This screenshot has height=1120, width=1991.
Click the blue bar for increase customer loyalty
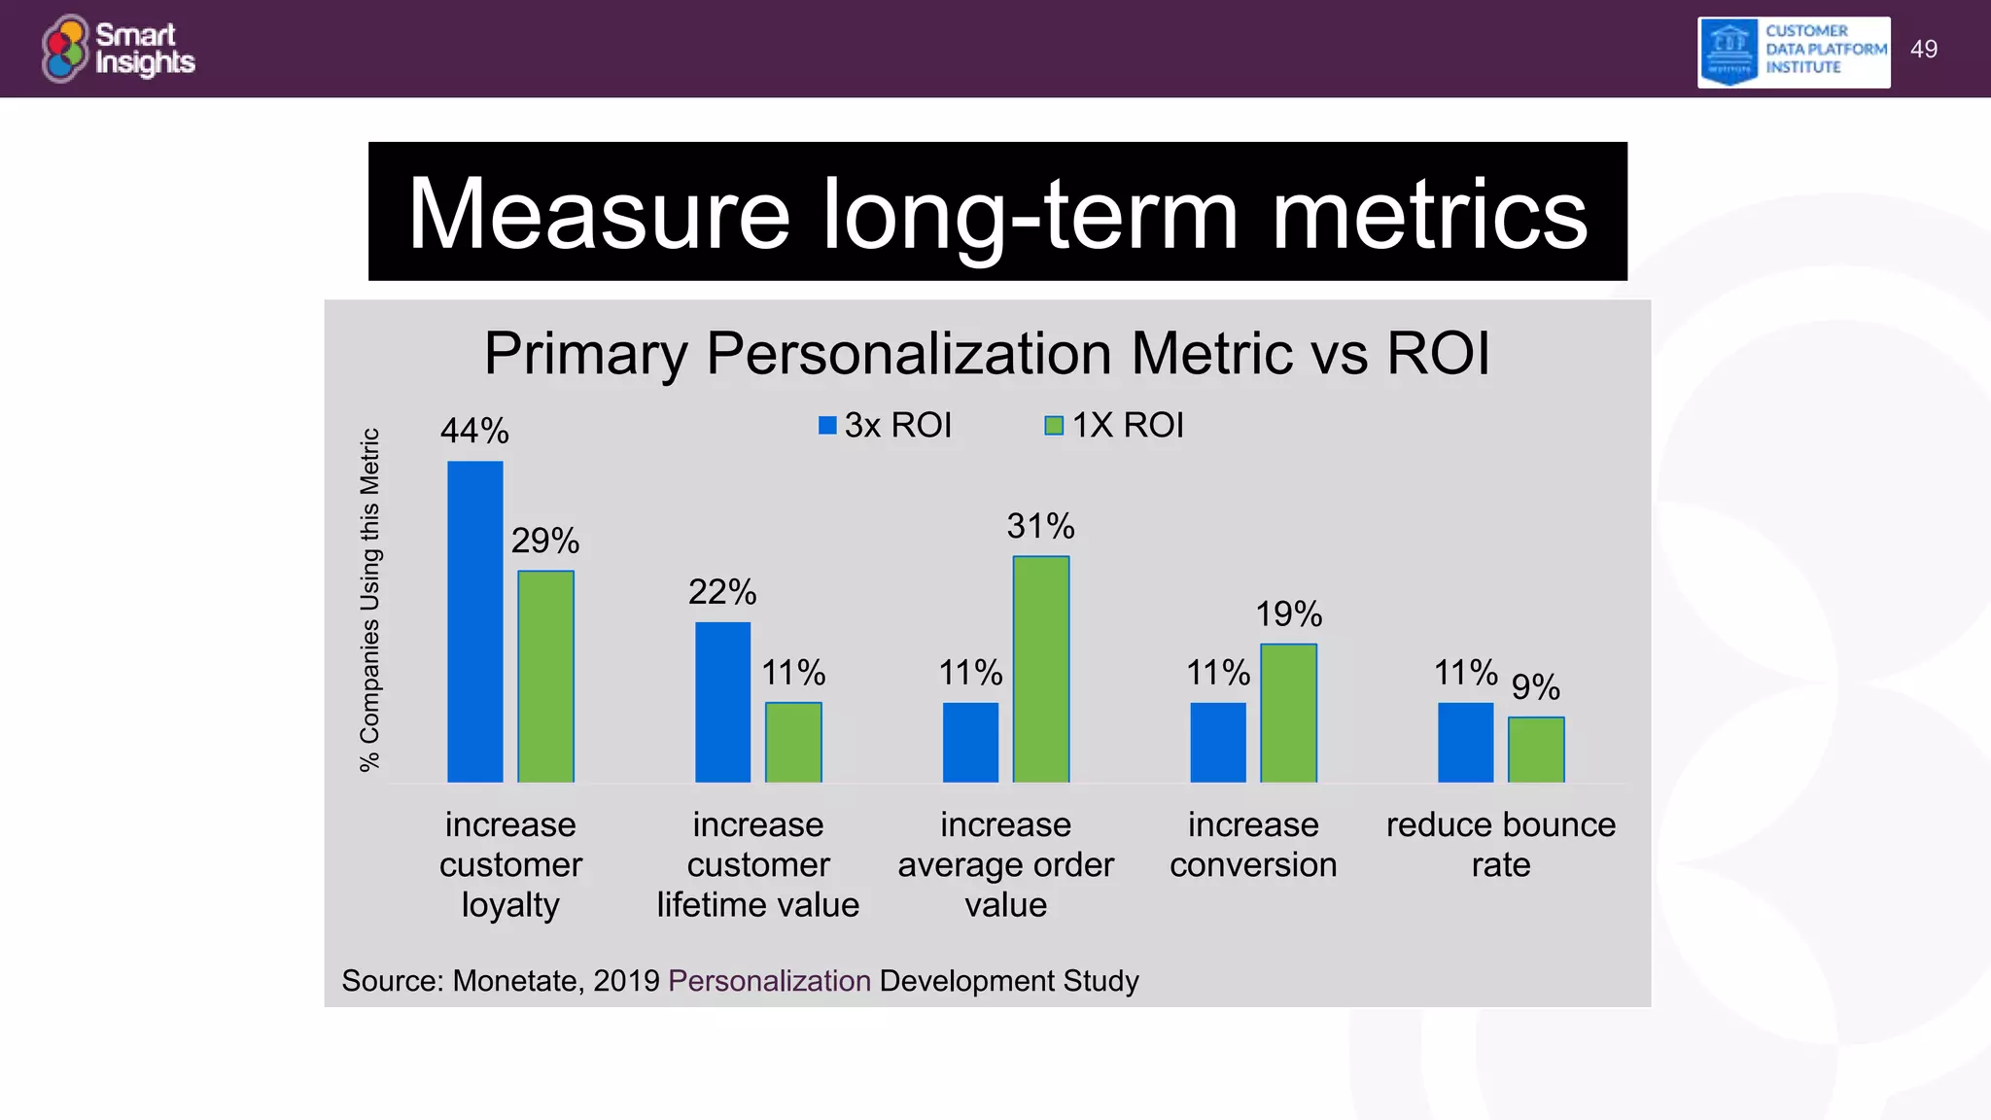[x=475, y=621]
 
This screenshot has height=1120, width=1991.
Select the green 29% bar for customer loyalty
[x=545, y=676]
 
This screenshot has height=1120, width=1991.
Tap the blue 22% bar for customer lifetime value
[x=722, y=702]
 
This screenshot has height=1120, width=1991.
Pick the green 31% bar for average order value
[x=1040, y=669]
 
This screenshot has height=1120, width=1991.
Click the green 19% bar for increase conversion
[x=1288, y=713]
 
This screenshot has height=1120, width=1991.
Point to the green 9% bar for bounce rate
[x=1536, y=750]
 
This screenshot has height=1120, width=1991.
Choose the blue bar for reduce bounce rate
[x=1465, y=742]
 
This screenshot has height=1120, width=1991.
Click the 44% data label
[x=474, y=431]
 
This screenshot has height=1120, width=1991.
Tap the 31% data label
[x=1040, y=526]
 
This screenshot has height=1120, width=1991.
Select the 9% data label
[x=1535, y=687]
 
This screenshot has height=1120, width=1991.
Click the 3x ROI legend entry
[x=885, y=425]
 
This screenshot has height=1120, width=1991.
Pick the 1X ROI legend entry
[x=1115, y=425]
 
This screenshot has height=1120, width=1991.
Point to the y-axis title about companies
[x=369, y=600]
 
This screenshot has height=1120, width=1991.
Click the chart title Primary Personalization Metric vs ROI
[x=987, y=353]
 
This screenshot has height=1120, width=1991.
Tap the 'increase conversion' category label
[x=1253, y=844]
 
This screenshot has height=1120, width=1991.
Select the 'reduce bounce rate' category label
[x=1500, y=844]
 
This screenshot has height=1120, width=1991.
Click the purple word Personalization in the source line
[x=769, y=980]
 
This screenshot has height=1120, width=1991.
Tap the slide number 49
[x=1923, y=50]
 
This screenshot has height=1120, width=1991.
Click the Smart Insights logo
[x=119, y=49]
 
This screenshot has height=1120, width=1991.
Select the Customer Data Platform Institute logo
[x=1794, y=52]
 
